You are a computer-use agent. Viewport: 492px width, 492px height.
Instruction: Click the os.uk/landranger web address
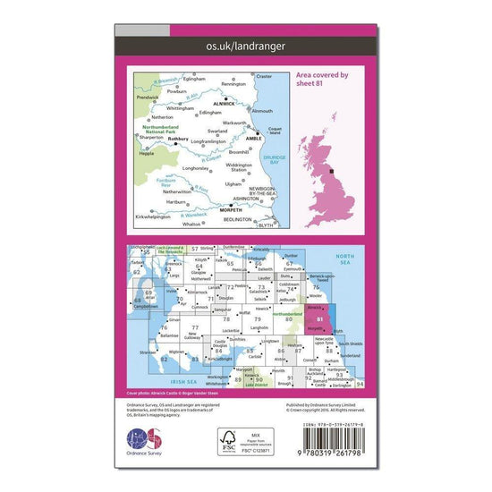click(245, 44)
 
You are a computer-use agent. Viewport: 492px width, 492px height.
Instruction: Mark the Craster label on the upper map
click(263, 77)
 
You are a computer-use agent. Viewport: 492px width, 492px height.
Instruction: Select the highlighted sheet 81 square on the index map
click(320, 320)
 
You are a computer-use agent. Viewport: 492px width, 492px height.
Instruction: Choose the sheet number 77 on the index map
click(194, 329)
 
